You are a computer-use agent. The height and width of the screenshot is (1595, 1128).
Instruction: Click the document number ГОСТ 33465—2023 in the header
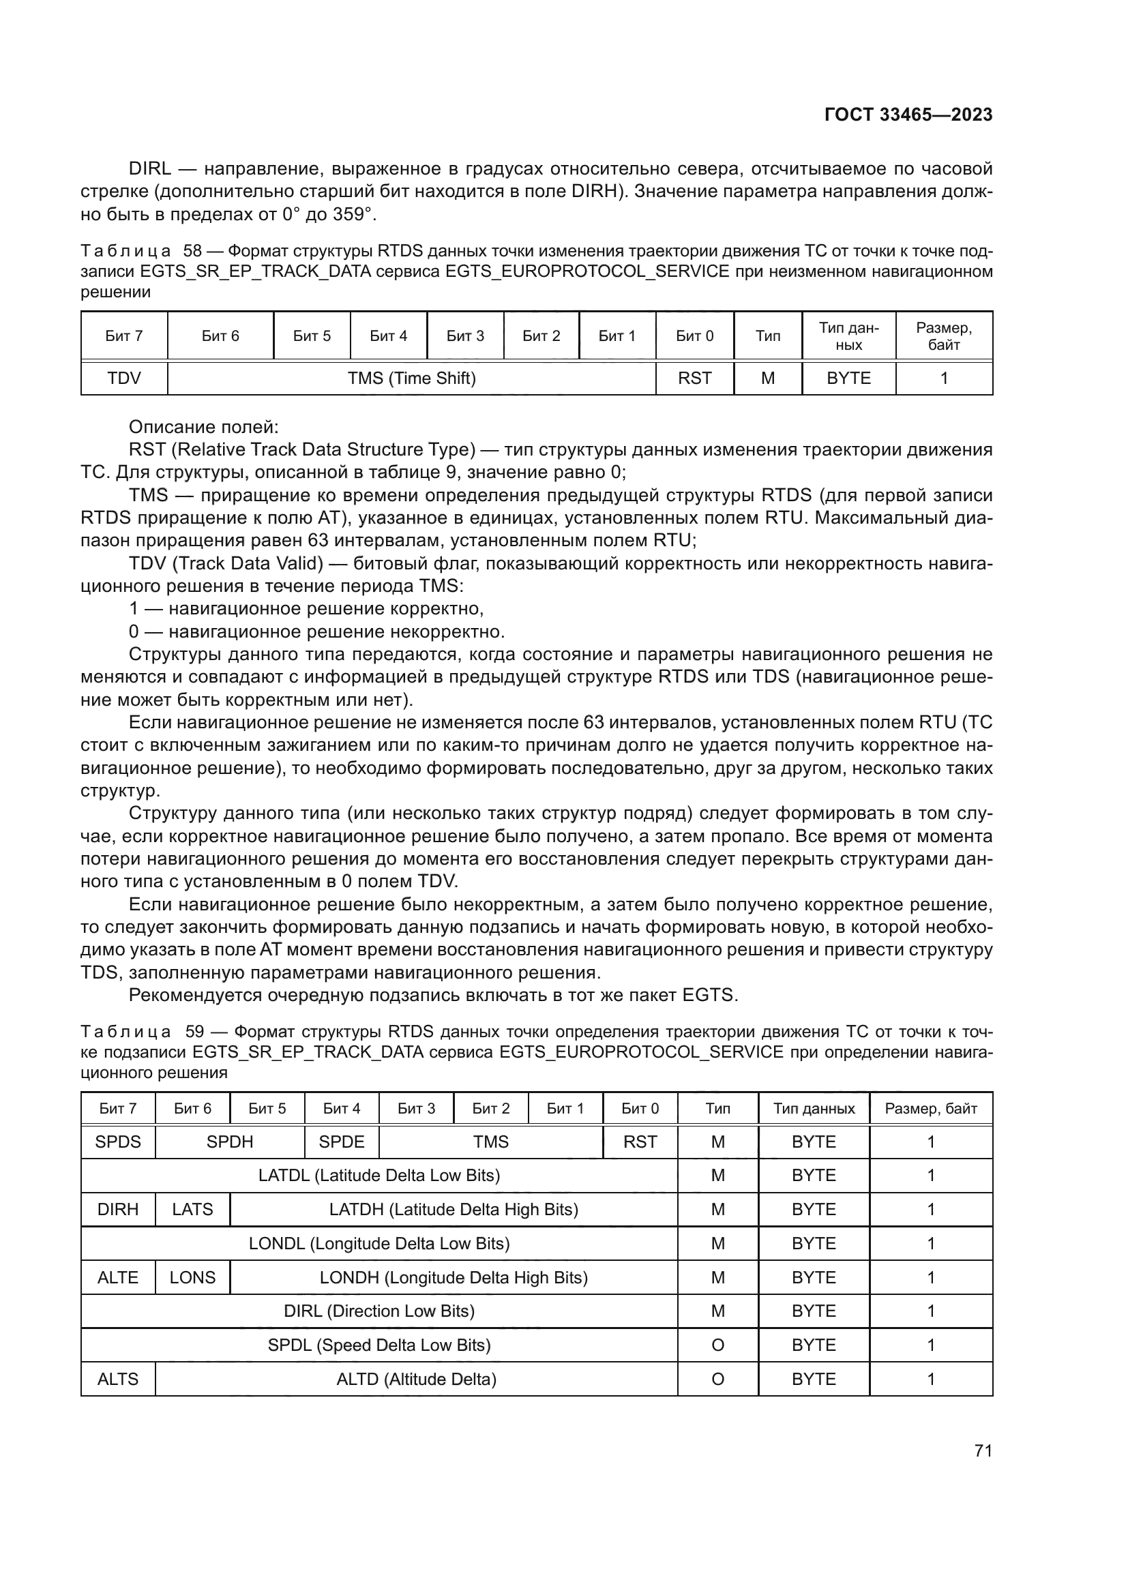[x=908, y=115]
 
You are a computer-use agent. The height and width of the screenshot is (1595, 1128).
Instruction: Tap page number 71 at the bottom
[x=983, y=1450]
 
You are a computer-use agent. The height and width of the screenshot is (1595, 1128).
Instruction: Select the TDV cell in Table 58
[x=124, y=378]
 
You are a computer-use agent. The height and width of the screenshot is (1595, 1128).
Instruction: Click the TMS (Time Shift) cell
[x=411, y=378]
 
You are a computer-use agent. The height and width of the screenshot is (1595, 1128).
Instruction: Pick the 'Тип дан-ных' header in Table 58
[x=848, y=336]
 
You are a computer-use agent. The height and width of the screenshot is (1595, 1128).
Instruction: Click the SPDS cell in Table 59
[x=118, y=1142]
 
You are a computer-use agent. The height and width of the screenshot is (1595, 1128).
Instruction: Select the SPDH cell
[x=230, y=1142]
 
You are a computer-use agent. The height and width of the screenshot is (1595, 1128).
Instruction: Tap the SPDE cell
[x=342, y=1142]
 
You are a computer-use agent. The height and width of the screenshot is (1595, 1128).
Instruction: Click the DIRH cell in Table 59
[x=118, y=1210]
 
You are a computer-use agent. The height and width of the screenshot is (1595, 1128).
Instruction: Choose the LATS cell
[x=192, y=1210]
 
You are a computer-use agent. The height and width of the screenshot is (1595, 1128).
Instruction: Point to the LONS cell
[x=192, y=1277]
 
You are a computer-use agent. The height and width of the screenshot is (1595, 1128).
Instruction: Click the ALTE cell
[x=118, y=1277]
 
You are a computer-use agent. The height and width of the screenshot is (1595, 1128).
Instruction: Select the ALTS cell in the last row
[x=118, y=1379]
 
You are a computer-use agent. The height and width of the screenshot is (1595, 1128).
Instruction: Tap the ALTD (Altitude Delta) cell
[x=416, y=1379]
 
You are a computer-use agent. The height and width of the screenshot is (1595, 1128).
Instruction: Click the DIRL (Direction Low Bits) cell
[x=379, y=1311]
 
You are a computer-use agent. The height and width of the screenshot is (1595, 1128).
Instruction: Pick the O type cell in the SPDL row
[x=717, y=1345]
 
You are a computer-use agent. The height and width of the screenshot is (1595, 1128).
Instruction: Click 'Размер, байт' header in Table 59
[x=931, y=1109]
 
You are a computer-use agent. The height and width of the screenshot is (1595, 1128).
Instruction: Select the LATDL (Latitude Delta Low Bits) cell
[x=379, y=1176]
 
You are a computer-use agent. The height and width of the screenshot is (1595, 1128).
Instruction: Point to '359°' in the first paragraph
[x=353, y=215]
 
